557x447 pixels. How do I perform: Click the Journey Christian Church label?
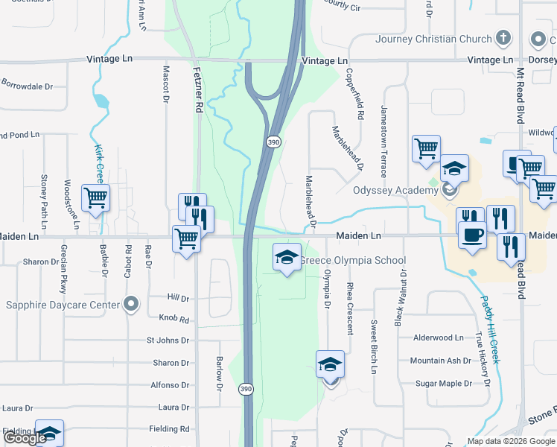(434, 39)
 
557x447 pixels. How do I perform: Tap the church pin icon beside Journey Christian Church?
(503, 39)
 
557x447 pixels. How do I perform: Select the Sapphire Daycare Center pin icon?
(132, 304)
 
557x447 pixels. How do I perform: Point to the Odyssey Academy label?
(396, 191)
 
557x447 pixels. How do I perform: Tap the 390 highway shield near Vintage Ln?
(273, 142)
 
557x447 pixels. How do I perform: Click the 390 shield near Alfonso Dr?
(246, 389)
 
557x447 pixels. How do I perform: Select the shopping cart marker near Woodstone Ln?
(95, 198)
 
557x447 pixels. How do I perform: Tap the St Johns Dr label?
(168, 341)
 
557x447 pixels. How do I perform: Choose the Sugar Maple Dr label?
(443, 384)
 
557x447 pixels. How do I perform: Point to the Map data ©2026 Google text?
(510, 441)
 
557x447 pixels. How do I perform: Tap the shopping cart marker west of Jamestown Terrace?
(425, 149)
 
